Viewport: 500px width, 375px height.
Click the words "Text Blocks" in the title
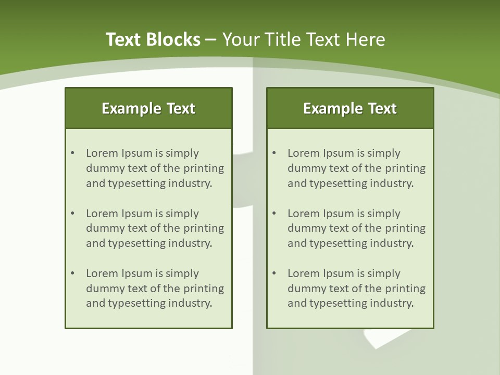point(153,40)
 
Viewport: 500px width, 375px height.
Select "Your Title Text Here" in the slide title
point(304,40)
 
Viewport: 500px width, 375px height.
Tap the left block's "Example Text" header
point(148,108)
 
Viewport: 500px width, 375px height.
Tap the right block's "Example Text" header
point(350,108)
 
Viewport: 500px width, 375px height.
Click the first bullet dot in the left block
point(73,153)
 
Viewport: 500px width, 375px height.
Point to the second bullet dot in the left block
point(73,214)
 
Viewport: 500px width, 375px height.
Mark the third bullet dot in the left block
point(73,273)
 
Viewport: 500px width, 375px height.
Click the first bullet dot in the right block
point(274,153)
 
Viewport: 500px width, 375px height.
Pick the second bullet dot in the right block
point(274,214)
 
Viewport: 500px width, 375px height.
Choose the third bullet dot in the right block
point(274,273)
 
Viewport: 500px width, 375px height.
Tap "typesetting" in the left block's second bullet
point(137,243)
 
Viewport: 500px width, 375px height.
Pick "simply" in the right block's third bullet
point(384,273)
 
